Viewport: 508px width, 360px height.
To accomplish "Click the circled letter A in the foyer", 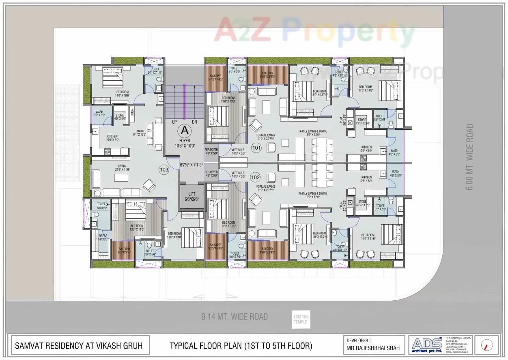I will [x=185, y=131].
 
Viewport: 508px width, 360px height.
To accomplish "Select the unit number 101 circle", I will [x=256, y=148].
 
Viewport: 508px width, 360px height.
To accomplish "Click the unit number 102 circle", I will [x=256, y=177].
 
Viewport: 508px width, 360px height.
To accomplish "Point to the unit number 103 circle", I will [x=164, y=170].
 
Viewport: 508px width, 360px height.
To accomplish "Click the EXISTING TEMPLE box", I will [x=301, y=319].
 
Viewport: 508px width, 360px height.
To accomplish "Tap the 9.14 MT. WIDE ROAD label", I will [x=235, y=317].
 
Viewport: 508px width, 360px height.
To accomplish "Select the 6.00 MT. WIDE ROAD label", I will [x=469, y=157].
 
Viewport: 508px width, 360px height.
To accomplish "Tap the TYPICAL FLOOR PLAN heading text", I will [x=241, y=346].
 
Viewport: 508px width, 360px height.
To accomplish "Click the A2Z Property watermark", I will [x=314, y=30].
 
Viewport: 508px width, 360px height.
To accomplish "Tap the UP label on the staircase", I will [x=174, y=122].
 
